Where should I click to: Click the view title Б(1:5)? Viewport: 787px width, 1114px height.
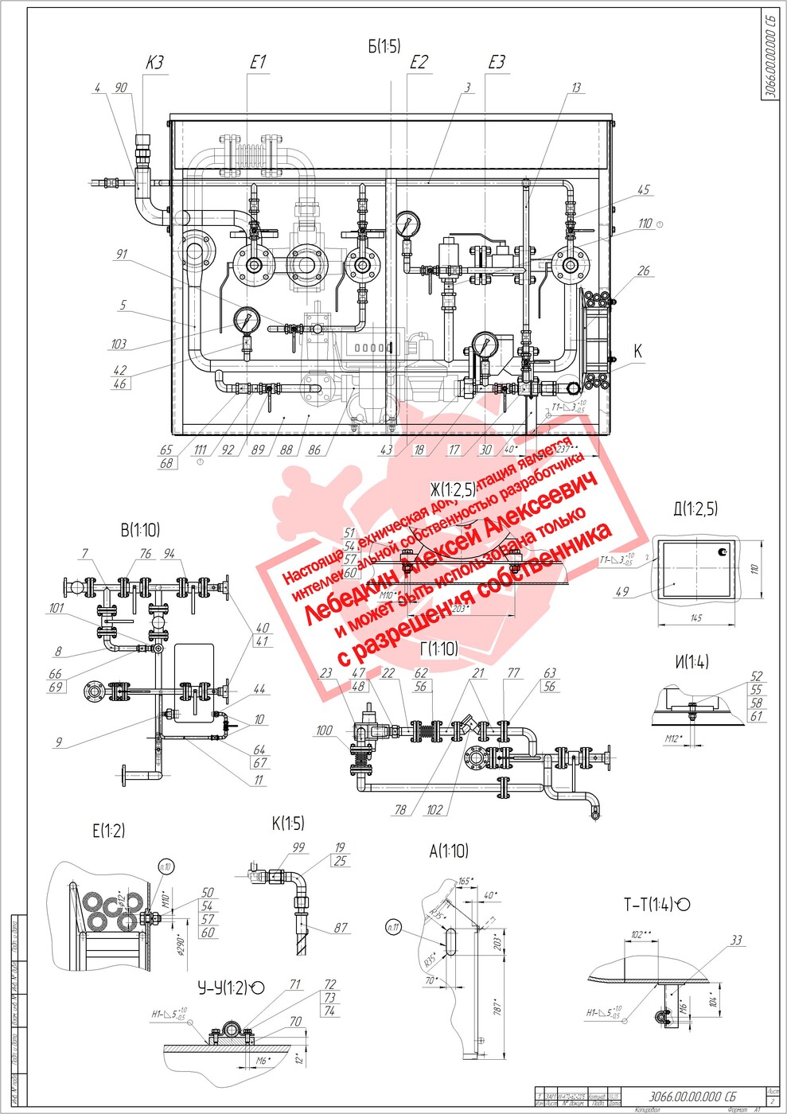(384, 47)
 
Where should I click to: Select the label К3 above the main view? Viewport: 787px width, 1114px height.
(154, 63)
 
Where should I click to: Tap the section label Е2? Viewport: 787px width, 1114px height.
(419, 63)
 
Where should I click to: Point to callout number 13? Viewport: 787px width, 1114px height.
(576, 88)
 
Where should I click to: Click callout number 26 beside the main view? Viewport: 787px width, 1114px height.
(644, 271)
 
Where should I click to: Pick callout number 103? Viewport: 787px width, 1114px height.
(119, 344)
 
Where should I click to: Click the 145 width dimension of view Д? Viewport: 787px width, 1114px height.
(696, 617)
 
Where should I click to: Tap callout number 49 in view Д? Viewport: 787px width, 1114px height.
(622, 591)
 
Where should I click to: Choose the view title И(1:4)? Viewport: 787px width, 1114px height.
(691, 662)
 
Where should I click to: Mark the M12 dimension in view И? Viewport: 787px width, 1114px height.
(674, 739)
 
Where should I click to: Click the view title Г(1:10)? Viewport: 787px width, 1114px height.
(439, 649)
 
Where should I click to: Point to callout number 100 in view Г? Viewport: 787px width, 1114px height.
(324, 730)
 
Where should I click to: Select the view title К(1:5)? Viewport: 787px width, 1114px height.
(288, 824)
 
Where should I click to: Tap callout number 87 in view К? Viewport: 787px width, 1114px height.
(341, 928)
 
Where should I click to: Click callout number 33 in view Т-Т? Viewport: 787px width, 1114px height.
(736, 941)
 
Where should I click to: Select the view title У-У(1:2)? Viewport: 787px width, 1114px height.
(231, 987)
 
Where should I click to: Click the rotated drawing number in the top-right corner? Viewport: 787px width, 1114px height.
(769, 54)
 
